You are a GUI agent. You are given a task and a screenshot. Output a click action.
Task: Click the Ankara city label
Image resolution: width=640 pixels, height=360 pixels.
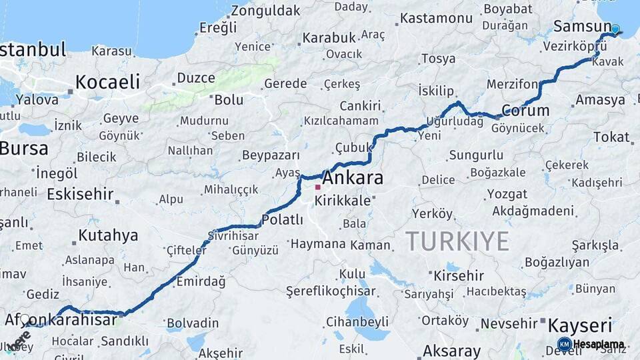353,179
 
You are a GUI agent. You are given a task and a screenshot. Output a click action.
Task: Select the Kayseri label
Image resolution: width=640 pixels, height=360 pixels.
579,326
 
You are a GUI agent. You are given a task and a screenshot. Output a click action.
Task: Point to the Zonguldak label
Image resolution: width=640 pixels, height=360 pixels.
265,11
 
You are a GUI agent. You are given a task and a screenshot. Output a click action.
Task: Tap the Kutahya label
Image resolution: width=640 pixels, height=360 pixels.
108,235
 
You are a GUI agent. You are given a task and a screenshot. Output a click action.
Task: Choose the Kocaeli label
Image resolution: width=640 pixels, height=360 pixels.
107,82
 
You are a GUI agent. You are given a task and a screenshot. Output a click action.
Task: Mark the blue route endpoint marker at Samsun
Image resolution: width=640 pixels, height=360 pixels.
615,29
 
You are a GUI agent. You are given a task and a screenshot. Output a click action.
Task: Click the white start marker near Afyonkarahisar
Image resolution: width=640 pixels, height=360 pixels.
25,319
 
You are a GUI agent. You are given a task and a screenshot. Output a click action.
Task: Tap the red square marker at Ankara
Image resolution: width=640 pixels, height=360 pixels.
318,187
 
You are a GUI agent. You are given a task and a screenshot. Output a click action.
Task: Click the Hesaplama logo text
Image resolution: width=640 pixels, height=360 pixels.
598,345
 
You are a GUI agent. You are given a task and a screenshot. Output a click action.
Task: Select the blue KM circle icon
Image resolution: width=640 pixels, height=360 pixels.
564,345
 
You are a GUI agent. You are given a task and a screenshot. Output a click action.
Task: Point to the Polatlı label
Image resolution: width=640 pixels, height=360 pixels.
282,219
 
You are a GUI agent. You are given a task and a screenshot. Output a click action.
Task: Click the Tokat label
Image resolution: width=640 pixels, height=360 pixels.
611,137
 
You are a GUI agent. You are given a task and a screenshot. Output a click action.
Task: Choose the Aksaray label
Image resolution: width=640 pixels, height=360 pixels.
451,351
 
